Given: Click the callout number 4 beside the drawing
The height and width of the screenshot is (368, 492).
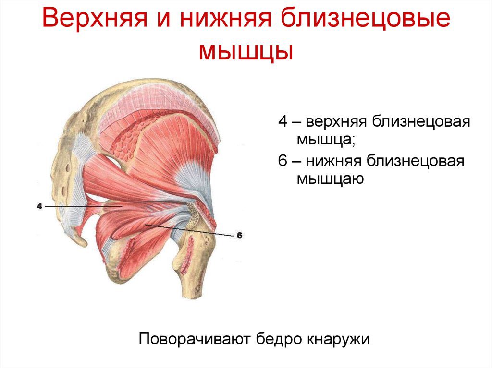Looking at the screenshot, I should [39, 206].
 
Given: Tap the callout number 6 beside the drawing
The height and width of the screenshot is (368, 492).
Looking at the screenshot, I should [239, 235].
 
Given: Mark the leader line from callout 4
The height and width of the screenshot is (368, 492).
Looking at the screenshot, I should [82, 206].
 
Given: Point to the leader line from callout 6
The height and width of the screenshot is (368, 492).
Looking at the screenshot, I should [192, 230].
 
